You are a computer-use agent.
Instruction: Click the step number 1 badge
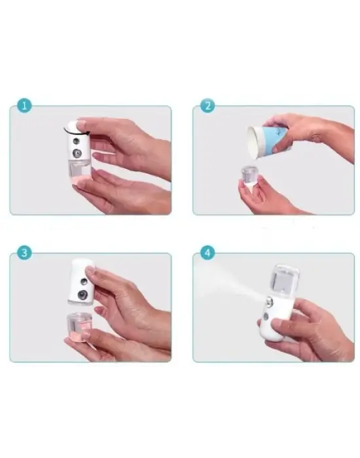click(x=24, y=106)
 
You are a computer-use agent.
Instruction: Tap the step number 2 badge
click(x=207, y=106)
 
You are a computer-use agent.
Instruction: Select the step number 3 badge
click(x=24, y=253)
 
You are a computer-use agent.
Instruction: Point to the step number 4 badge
click(x=207, y=253)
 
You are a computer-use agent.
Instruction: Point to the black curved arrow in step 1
click(x=70, y=125)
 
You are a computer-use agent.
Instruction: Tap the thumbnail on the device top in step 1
click(x=80, y=123)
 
